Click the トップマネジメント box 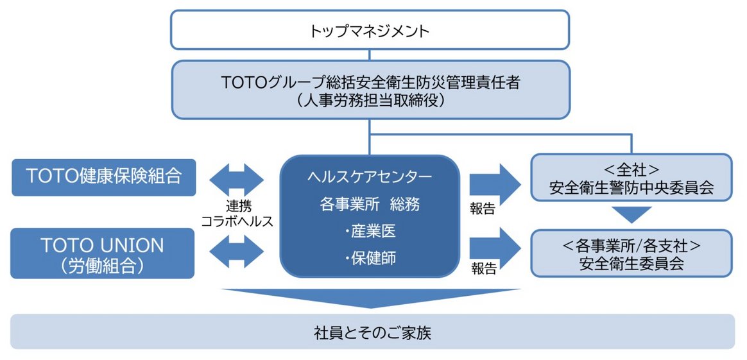(x=369, y=30)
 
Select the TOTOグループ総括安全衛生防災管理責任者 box (x=369, y=82)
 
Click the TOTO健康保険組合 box (x=103, y=176)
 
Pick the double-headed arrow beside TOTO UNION (x=237, y=250)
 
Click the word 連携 (x=237, y=207)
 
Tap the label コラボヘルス (x=237, y=221)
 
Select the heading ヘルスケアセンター (x=370, y=176)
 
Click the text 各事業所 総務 (x=370, y=203)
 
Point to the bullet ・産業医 (x=370, y=231)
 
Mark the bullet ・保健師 (x=370, y=258)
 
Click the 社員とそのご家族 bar (x=372, y=331)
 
